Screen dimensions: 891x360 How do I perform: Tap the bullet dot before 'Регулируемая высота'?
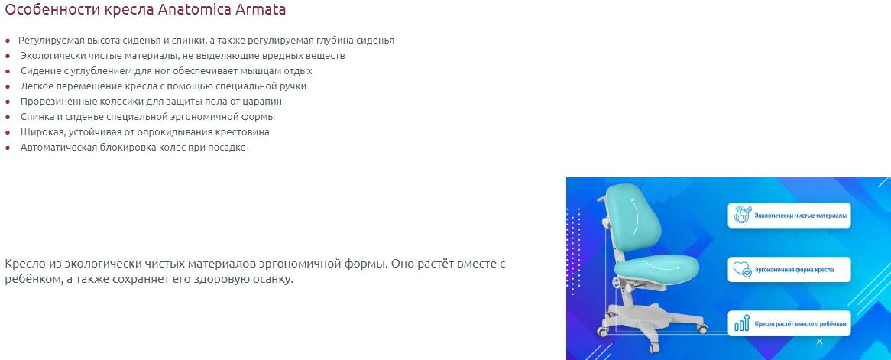pyautogui.click(x=8, y=41)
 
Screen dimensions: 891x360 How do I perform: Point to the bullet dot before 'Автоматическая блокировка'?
pyautogui.click(x=8, y=148)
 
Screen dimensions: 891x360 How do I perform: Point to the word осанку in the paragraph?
pyautogui.click(x=274, y=281)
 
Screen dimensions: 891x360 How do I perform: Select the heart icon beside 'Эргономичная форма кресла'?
pyautogui.click(x=742, y=269)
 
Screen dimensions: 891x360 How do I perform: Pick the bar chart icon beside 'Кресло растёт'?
pyautogui.click(x=742, y=323)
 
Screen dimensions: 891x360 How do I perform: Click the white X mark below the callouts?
pyautogui.click(x=819, y=341)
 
